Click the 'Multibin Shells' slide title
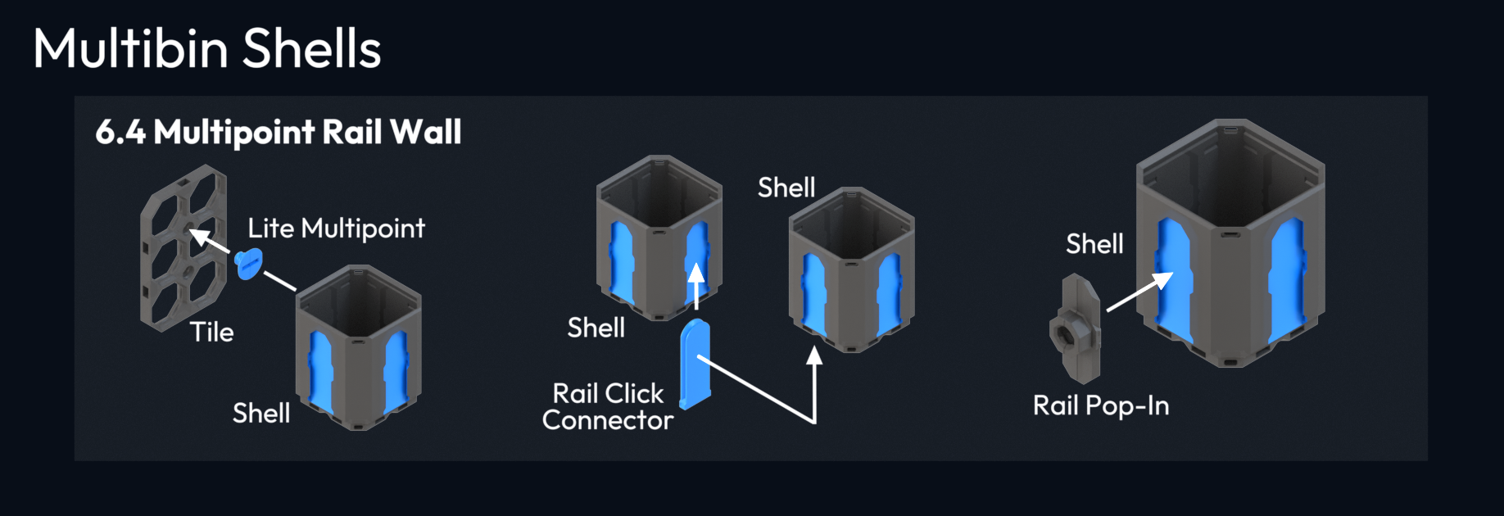(x=206, y=48)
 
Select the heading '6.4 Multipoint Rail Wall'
(x=279, y=132)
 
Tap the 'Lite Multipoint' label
(x=336, y=229)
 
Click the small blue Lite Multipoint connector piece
(x=248, y=264)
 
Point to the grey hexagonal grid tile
(x=182, y=246)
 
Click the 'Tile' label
(x=211, y=332)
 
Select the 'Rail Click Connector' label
(x=608, y=407)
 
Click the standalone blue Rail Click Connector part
(x=695, y=364)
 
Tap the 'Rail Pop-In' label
(x=1100, y=405)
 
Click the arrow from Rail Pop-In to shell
(x=1139, y=292)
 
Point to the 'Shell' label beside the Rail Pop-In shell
(x=1094, y=244)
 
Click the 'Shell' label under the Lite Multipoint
(x=261, y=413)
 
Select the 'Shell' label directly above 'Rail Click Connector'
(x=596, y=328)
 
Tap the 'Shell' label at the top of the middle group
(x=786, y=188)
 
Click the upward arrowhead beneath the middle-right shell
(x=814, y=355)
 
